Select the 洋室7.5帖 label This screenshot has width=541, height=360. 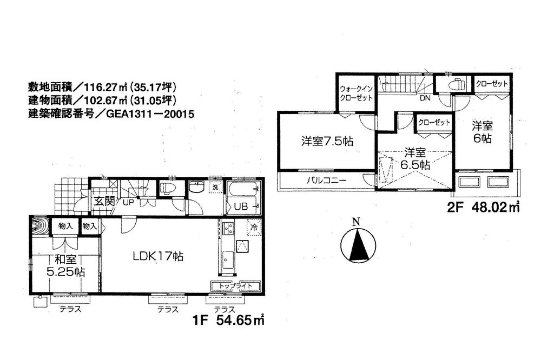pos(327,142)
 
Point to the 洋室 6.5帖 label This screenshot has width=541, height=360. pos(415,159)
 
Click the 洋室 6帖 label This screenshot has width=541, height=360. pos(481,132)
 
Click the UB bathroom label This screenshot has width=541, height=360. pos(241,207)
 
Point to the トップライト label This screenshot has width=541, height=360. pos(234,285)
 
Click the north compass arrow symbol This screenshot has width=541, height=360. pos(356,246)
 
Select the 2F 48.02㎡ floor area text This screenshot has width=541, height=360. pos(483,206)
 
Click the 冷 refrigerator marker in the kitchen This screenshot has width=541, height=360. pos(253,227)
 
